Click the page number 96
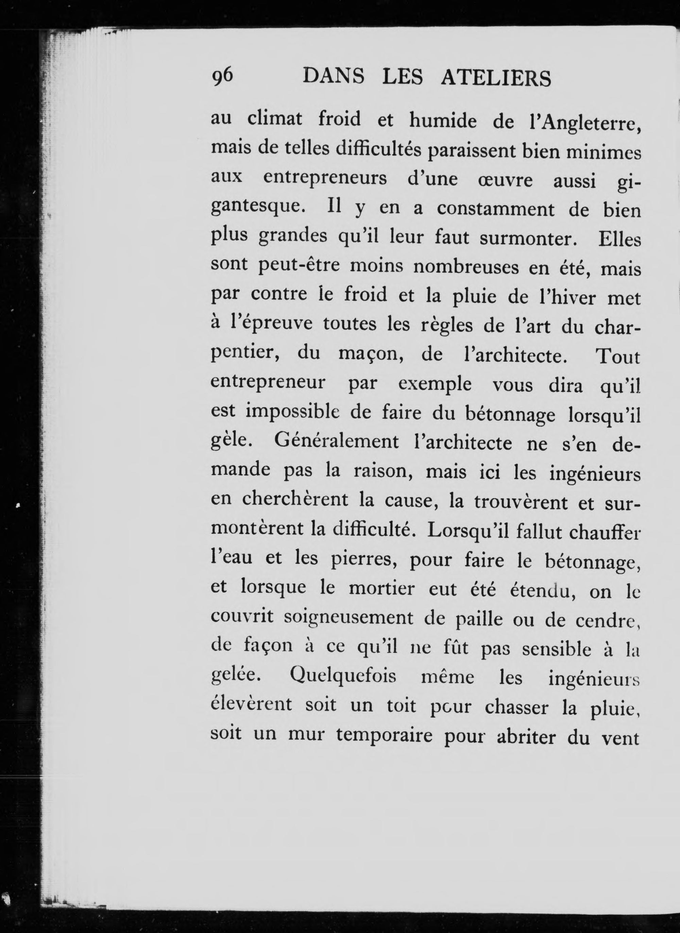(222, 77)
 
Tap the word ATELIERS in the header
(496, 78)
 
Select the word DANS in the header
(334, 77)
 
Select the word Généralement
(336, 443)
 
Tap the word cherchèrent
(295, 500)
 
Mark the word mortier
(381, 589)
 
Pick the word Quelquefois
(343, 677)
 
